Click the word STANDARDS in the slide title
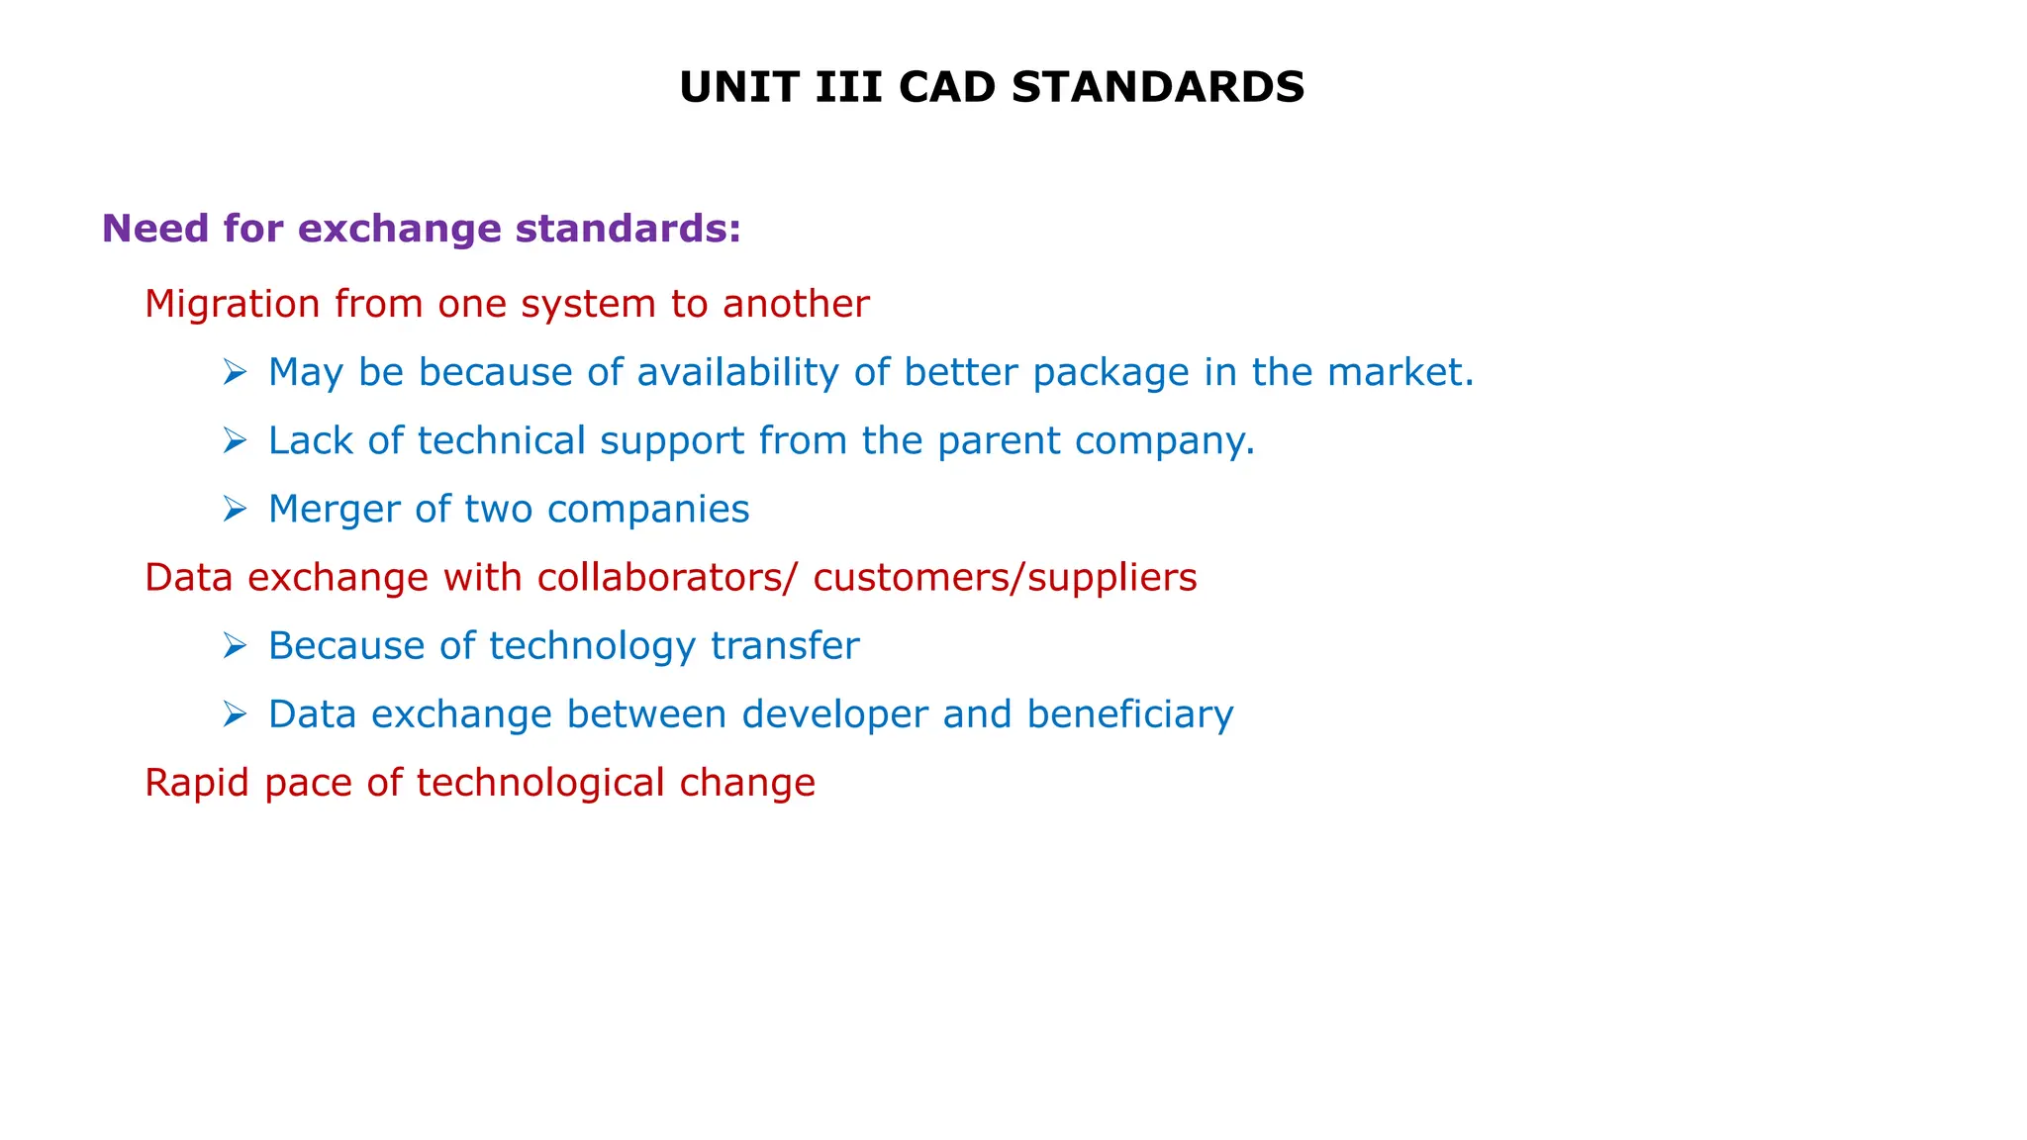coord(1158,88)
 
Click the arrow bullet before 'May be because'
coord(235,373)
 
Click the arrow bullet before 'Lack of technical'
coord(235,441)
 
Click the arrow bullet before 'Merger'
coord(235,510)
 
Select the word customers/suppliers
coord(1005,578)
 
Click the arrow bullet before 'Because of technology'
coord(235,646)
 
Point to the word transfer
coord(785,646)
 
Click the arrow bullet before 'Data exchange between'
coord(235,714)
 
